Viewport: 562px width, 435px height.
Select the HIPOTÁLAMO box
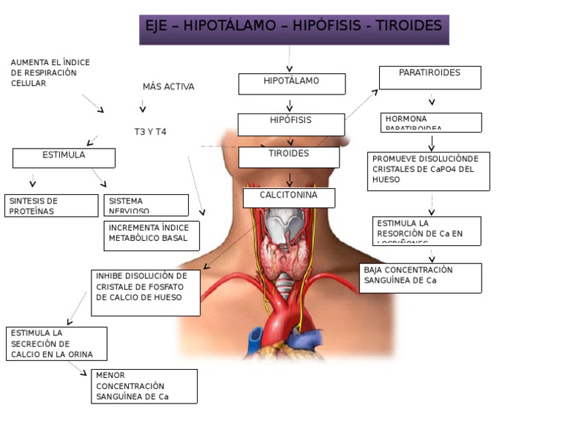click(x=291, y=83)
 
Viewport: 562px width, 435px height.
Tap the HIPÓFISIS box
click(x=291, y=124)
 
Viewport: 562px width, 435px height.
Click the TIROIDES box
click(x=288, y=157)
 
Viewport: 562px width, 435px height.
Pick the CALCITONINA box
click(x=289, y=198)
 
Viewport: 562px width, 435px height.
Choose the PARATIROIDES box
click(x=430, y=77)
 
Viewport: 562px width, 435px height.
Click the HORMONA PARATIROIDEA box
click(x=431, y=122)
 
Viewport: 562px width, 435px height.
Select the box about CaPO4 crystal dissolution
click(x=428, y=171)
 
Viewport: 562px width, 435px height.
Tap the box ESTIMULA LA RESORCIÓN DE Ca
click(x=427, y=231)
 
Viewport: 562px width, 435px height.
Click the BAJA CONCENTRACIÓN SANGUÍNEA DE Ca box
click(x=420, y=278)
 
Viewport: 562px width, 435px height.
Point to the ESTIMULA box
click(x=64, y=157)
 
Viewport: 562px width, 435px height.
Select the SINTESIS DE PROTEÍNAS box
click(x=50, y=205)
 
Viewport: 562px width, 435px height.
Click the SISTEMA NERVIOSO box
click(x=146, y=205)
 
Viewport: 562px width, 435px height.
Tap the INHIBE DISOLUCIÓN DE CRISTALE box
click(x=146, y=292)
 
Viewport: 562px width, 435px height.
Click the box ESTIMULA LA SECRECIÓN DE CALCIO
click(x=56, y=343)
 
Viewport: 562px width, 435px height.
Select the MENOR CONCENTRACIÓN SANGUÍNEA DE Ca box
click(x=144, y=386)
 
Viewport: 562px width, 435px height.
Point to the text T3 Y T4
click(x=150, y=132)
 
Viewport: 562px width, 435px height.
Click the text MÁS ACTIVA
click(x=168, y=86)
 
